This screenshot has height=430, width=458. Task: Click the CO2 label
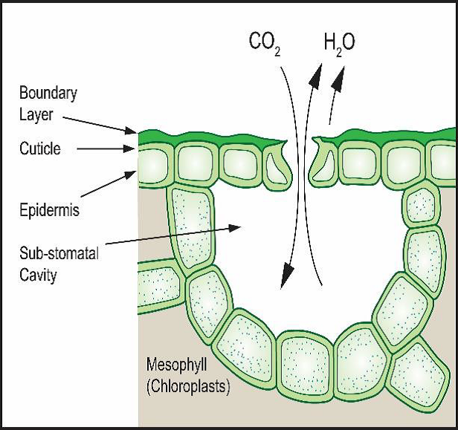[264, 42]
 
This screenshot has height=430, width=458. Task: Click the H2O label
[339, 42]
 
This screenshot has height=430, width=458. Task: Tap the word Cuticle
[39, 149]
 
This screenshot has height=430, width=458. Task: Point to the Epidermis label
[49, 210]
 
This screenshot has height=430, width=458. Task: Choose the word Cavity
[39, 275]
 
